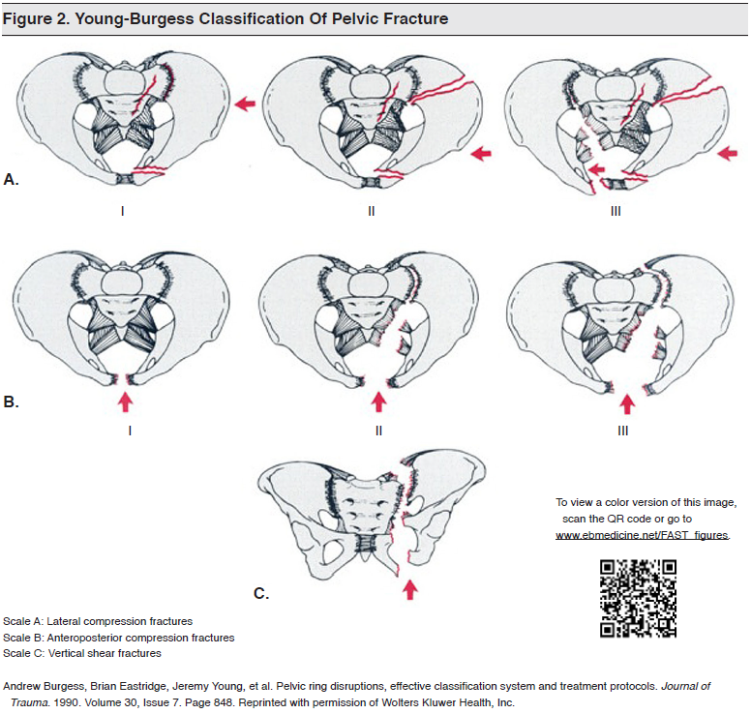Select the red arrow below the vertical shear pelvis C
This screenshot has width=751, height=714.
point(411,587)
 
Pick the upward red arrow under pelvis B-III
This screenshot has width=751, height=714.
point(628,402)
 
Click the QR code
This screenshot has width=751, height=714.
point(638,598)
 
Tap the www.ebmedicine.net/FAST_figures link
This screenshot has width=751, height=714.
point(642,534)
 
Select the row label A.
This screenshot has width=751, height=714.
point(12,180)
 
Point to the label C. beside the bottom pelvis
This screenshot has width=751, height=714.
point(261,593)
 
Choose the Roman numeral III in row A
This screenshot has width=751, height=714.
point(616,209)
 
